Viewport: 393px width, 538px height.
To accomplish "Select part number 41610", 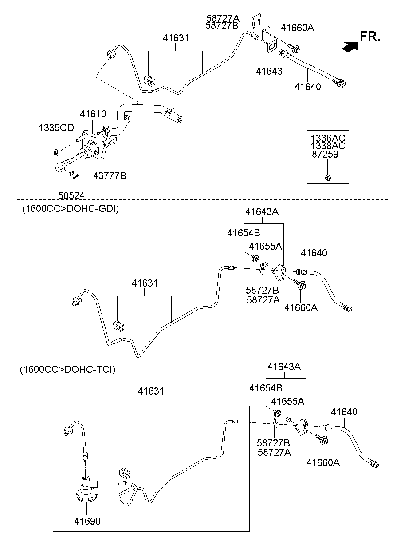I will click(x=93, y=114).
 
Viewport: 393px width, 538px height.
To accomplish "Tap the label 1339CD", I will click(x=56, y=128).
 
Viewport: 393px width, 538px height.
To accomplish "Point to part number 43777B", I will click(x=110, y=176).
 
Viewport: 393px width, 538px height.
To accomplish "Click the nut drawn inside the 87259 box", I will click(x=327, y=178).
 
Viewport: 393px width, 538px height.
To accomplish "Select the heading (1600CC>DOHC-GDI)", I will click(x=70, y=209).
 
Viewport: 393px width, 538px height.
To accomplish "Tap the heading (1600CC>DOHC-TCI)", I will click(x=67, y=370).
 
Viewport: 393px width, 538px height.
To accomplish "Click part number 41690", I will click(x=87, y=521).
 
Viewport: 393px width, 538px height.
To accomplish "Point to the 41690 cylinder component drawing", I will click(x=86, y=491).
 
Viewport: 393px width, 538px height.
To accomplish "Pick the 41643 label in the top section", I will click(x=269, y=71).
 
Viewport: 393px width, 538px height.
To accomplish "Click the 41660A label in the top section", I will click(x=297, y=28).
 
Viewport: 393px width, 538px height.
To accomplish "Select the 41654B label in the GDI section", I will click(x=244, y=233).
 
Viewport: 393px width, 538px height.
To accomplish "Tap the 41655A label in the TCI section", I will click(x=288, y=401).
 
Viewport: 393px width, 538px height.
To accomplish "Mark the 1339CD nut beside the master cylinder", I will click(x=56, y=153).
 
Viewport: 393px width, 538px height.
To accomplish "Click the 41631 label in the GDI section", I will click(x=145, y=283).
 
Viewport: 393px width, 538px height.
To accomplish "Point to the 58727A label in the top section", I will click(x=222, y=18).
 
